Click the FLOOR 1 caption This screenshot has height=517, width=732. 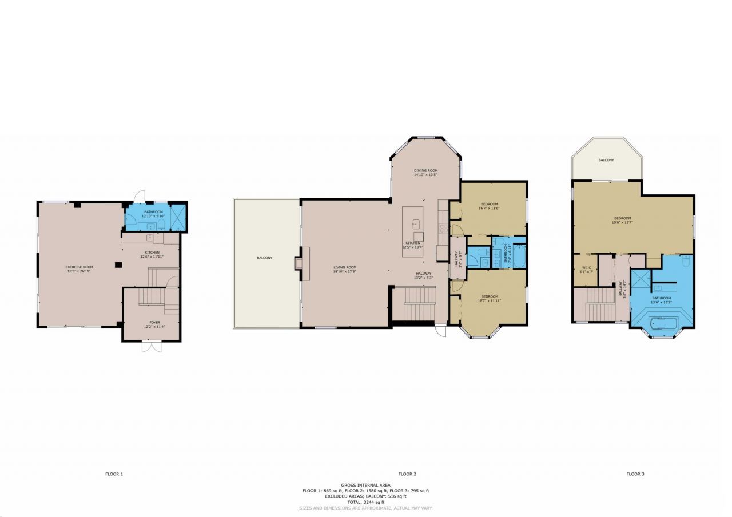(x=114, y=474)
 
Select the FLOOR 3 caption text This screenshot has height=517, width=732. (x=635, y=474)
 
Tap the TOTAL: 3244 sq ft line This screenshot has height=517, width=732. (x=365, y=502)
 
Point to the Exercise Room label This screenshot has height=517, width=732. (x=79, y=269)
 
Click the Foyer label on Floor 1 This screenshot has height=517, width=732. (x=154, y=324)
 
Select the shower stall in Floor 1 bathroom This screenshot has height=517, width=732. (x=178, y=218)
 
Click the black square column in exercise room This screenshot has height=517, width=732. (x=118, y=264)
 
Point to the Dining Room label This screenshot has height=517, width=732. (x=425, y=173)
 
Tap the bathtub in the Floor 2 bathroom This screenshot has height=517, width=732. (x=519, y=257)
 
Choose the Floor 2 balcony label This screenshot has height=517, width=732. (x=264, y=258)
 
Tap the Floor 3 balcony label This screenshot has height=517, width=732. (x=606, y=160)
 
